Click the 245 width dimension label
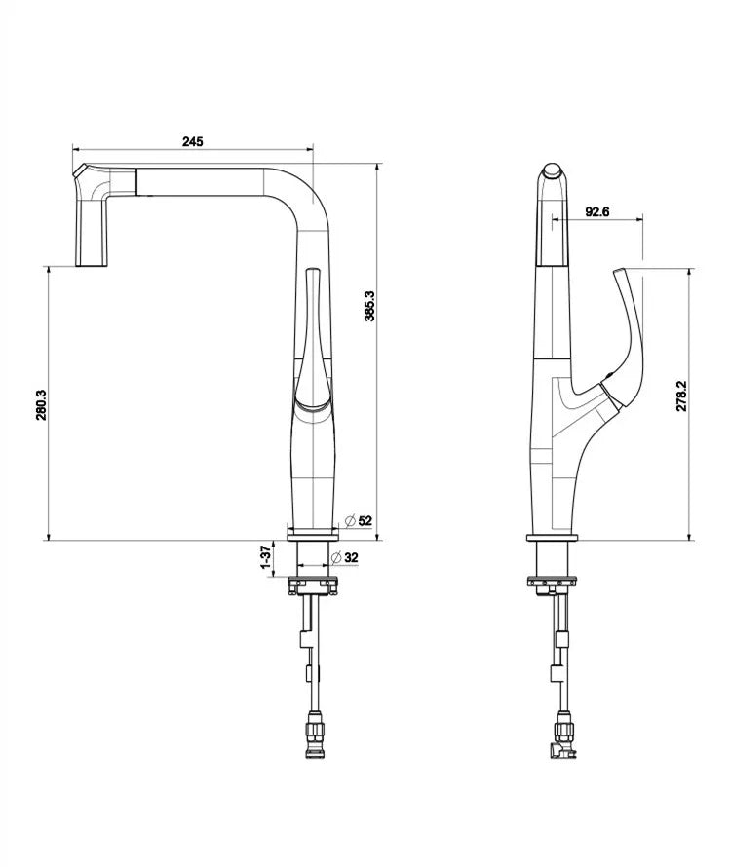tap(192, 141)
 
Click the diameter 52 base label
tap(359, 521)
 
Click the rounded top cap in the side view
tap(553, 174)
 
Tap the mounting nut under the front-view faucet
tap(312, 584)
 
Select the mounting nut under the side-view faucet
tap(552, 583)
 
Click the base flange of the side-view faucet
tap(552, 535)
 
